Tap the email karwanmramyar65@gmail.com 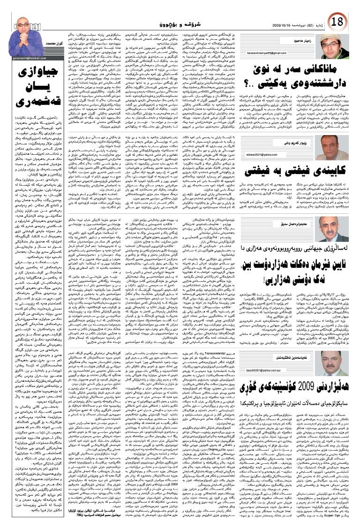(278, 61)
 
